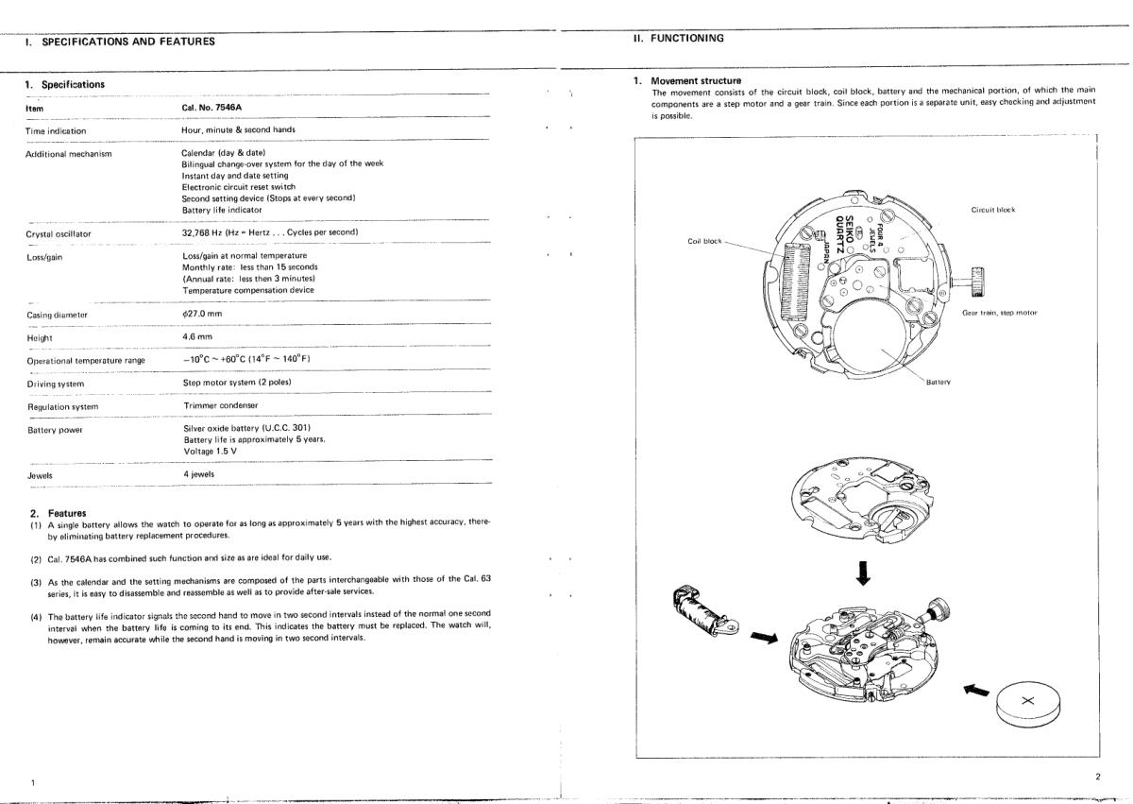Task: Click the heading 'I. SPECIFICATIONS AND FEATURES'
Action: point(121,41)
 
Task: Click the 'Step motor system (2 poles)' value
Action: point(237,383)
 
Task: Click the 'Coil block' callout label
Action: point(706,241)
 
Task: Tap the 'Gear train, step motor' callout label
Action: point(1000,313)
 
